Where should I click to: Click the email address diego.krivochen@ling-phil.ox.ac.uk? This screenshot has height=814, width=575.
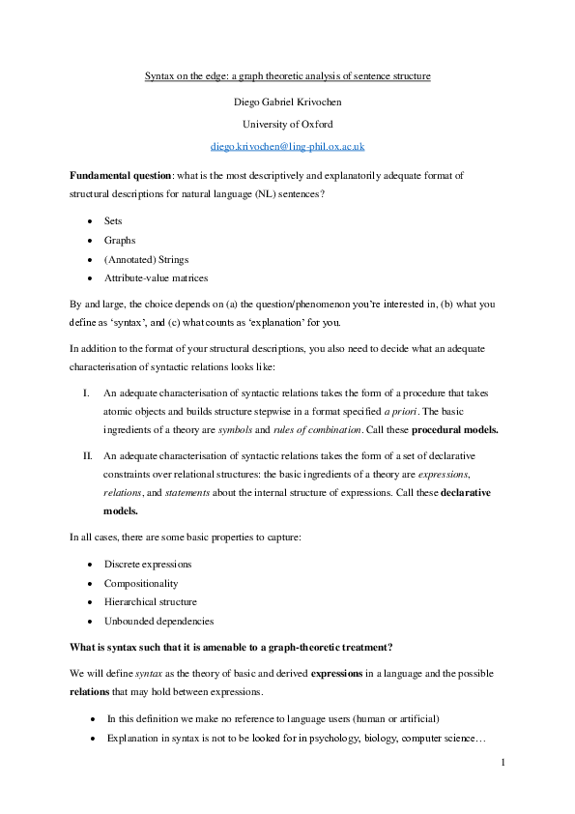(x=287, y=146)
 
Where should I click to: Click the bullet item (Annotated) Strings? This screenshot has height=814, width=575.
(x=146, y=258)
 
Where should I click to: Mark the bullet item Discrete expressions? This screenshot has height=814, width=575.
(x=147, y=564)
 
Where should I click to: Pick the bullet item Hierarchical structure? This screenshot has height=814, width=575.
(x=151, y=601)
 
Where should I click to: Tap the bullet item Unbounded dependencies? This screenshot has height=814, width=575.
(x=158, y=621)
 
